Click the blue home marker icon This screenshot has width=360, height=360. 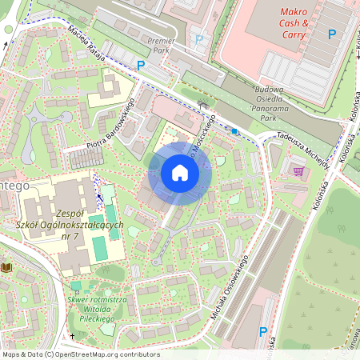coord(180,173)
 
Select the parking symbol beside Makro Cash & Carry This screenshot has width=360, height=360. coord(331,34)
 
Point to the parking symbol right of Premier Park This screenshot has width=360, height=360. coord(200,38)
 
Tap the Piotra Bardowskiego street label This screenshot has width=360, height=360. coord(108,125)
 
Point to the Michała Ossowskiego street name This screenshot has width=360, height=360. coord(233,284)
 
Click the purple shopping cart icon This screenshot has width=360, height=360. coord(298,171)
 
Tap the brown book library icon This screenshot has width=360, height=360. coord(7,266)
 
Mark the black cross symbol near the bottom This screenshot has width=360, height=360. coord(72,337)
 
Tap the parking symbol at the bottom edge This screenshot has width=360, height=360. coord(263,332)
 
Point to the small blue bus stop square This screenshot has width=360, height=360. coord(234,130)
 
